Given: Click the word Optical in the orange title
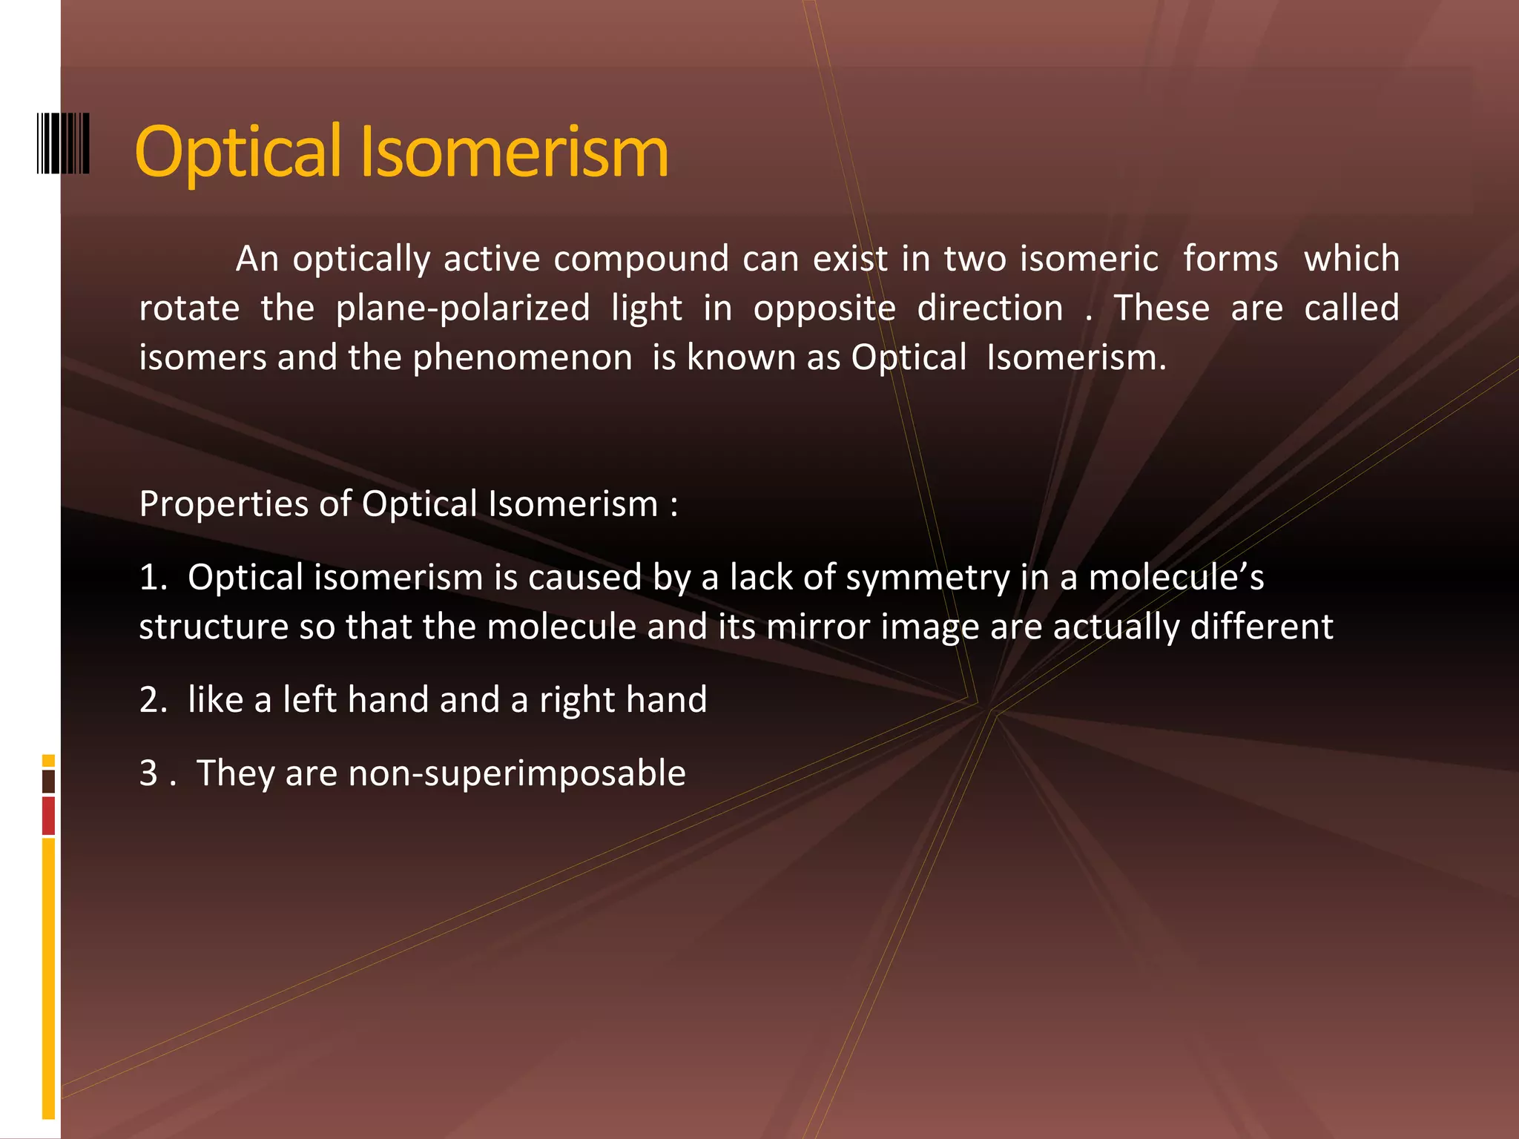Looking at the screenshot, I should (x=238, y=152).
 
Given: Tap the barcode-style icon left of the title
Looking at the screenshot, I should (x=63, y=143).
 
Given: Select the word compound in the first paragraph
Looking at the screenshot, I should (x=641, y=260).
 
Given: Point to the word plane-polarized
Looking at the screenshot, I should (x=463, y=308).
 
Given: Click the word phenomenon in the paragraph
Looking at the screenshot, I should (x=522, y=358).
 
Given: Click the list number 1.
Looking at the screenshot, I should (x=151, y=578).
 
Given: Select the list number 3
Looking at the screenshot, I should (x=149, y=773).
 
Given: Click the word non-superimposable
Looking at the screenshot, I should (x=516, y=773).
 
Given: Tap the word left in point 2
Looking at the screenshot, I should (x=309, y=700).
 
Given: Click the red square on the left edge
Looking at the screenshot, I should (x=48, y=815).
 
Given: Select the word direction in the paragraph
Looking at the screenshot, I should (x=989, y=308).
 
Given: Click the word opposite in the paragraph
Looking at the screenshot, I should (x=824, y=308).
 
